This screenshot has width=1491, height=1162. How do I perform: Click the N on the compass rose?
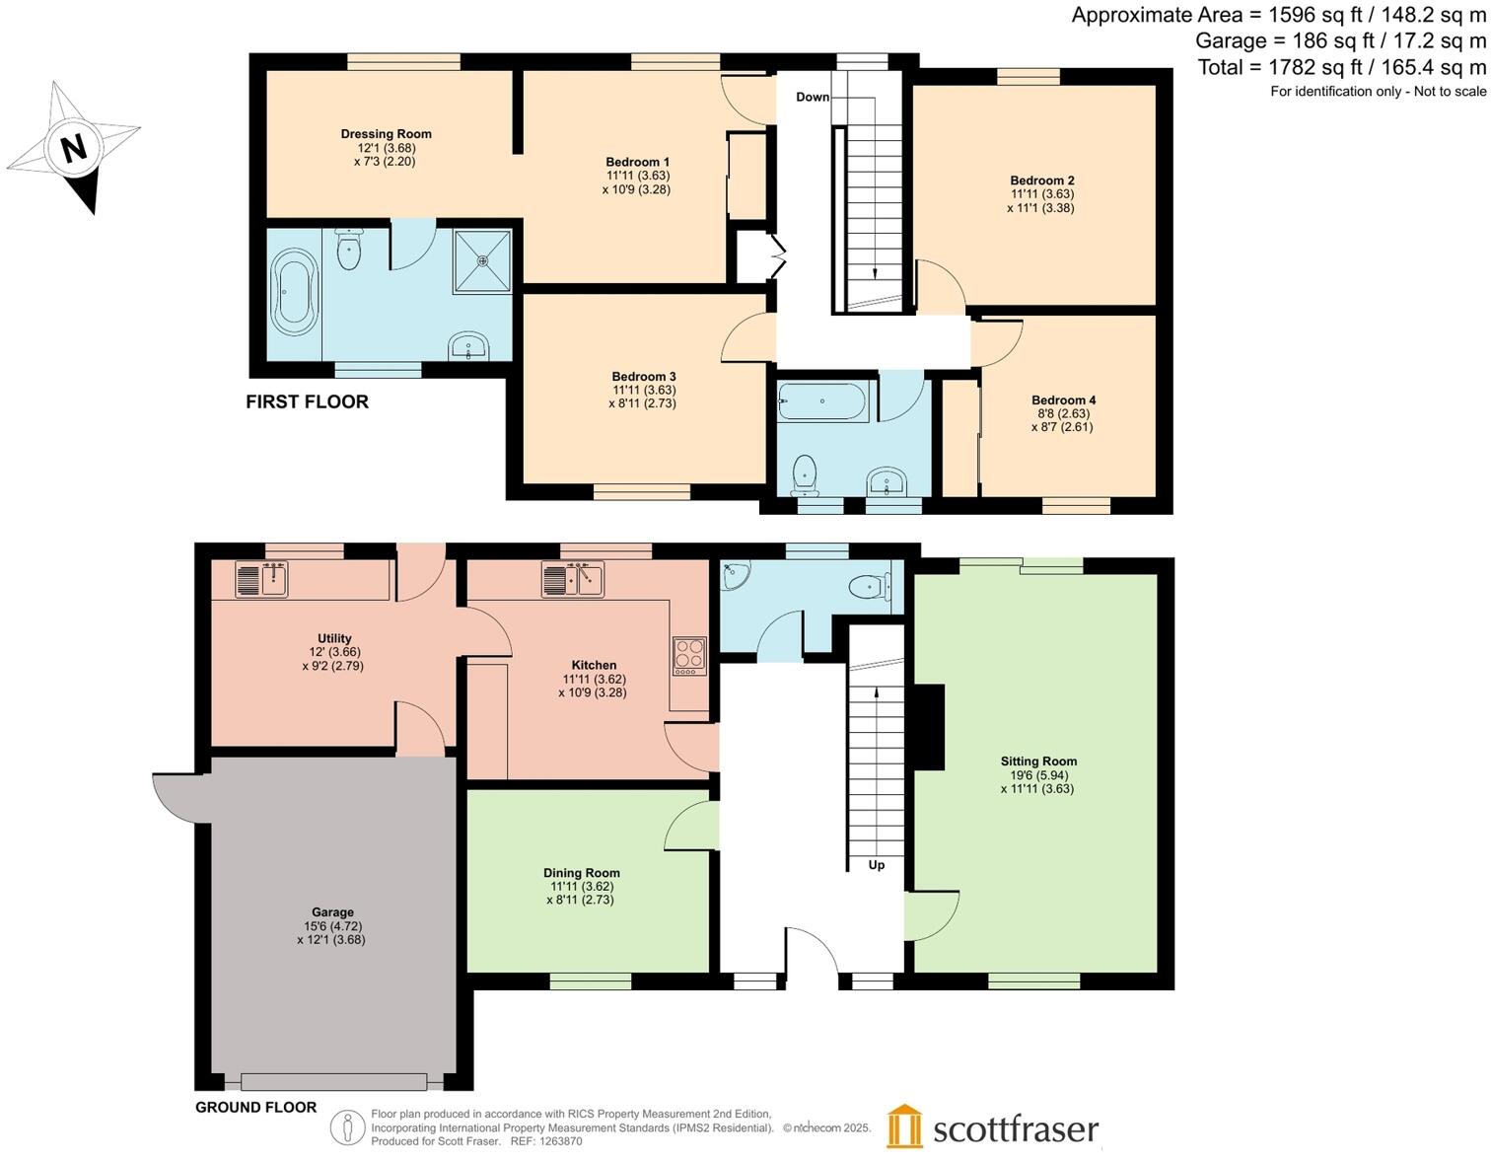[x=73, y=148]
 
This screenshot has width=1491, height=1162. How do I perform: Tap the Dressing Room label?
[x=386, y=134]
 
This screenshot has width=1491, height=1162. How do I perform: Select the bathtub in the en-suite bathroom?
[x=294, y=292]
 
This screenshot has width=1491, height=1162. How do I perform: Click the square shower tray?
[x=482, y=261]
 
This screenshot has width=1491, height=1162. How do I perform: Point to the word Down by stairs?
[x=813, y=97]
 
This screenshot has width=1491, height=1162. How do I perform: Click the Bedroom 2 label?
[x=1041, y=181]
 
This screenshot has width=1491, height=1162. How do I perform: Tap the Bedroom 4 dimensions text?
[x=1062, y=421]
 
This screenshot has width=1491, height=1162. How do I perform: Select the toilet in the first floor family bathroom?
[x=805, y=474]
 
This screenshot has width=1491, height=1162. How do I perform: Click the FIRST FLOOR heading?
[x=307, y=401]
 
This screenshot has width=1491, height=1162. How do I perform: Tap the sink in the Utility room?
[x=261, y=579]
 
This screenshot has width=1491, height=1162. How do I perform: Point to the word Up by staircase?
[x=876, y=865]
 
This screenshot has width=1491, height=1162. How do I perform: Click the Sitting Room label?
[x=1038, y=761]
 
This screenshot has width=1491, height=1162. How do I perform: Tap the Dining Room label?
[x=581, y=873]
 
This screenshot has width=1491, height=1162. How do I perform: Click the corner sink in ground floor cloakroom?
[x=735, y=575]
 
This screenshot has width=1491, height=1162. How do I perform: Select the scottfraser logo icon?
[x=904, y=1126]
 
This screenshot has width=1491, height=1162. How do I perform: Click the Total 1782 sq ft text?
[x=1341, y=67]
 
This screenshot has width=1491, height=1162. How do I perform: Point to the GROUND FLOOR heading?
[x=255, y=1107]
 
